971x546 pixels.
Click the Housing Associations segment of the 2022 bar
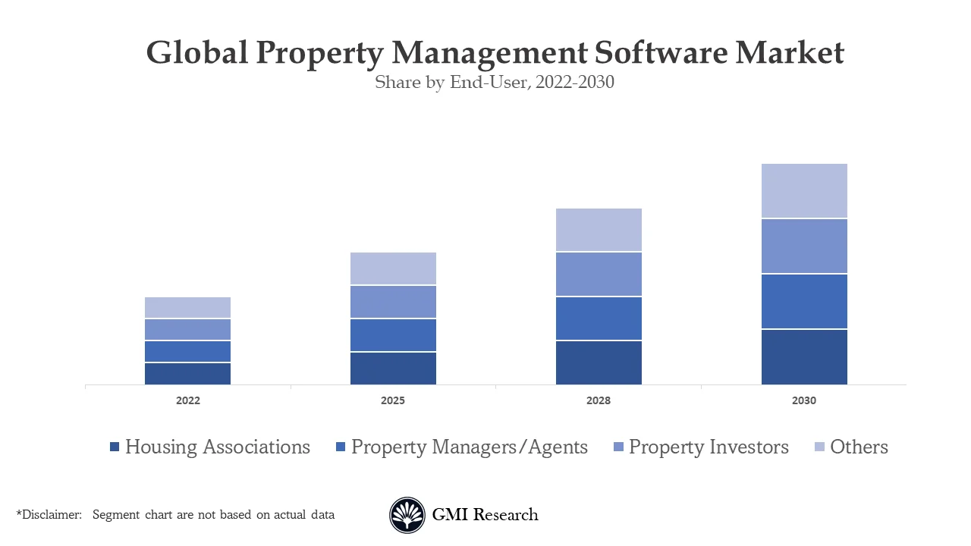tap(187, 374)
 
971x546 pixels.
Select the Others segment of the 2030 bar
tap(804, 191)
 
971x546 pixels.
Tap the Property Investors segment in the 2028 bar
tap(599, 274)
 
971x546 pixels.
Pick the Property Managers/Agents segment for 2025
tap(393, 335)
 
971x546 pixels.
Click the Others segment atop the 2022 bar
tap(187, 307)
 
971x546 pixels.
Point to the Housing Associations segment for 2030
tap(804, 357)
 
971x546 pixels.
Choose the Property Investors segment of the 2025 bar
tap(393, 302)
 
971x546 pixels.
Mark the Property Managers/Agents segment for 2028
tap(599, 318)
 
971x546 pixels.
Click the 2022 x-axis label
tap(187, 400)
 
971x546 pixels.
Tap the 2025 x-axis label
tap(393, 400)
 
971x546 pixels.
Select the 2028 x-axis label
tap(599, 400)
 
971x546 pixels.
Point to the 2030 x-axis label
tap(804, 400)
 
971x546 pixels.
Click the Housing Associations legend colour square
tap(115, 447)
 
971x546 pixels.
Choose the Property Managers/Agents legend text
tap(469, 447)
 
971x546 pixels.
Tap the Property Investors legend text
tap(709, 447)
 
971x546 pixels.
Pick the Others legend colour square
tap(819, 447)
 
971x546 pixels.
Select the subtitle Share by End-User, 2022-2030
tap(494, 83)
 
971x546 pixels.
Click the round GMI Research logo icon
tap(407, 515)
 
